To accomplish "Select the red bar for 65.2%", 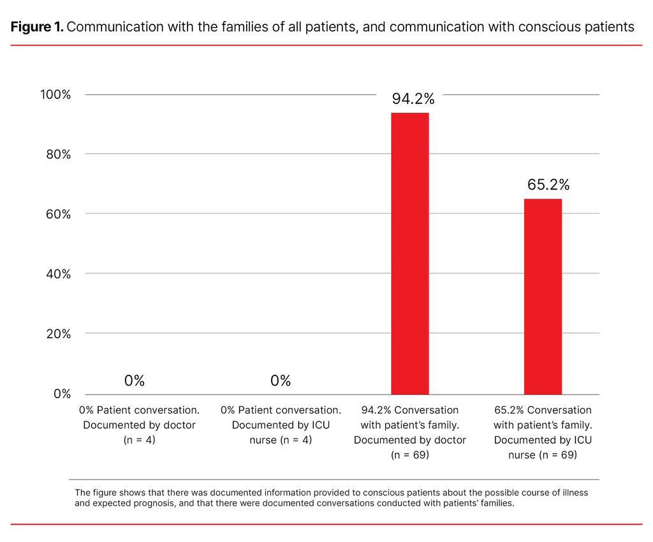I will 543,296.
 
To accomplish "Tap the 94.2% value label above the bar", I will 413,99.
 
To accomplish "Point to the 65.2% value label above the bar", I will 548,185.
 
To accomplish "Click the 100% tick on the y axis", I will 55,94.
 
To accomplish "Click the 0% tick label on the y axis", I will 61,394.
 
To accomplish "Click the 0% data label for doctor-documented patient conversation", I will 135,381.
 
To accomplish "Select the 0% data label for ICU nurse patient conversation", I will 281,381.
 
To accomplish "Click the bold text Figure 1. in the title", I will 36,27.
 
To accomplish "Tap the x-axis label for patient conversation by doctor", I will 139,425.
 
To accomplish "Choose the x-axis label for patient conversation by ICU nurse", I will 281,425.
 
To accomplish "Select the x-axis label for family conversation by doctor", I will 409,432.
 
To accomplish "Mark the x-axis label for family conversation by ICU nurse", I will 543,432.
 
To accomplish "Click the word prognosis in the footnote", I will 154,502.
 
